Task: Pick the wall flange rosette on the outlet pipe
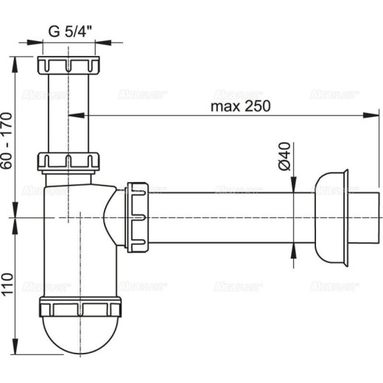click(x=331, y=217)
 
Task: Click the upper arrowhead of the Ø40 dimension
click(x=294, y=188)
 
